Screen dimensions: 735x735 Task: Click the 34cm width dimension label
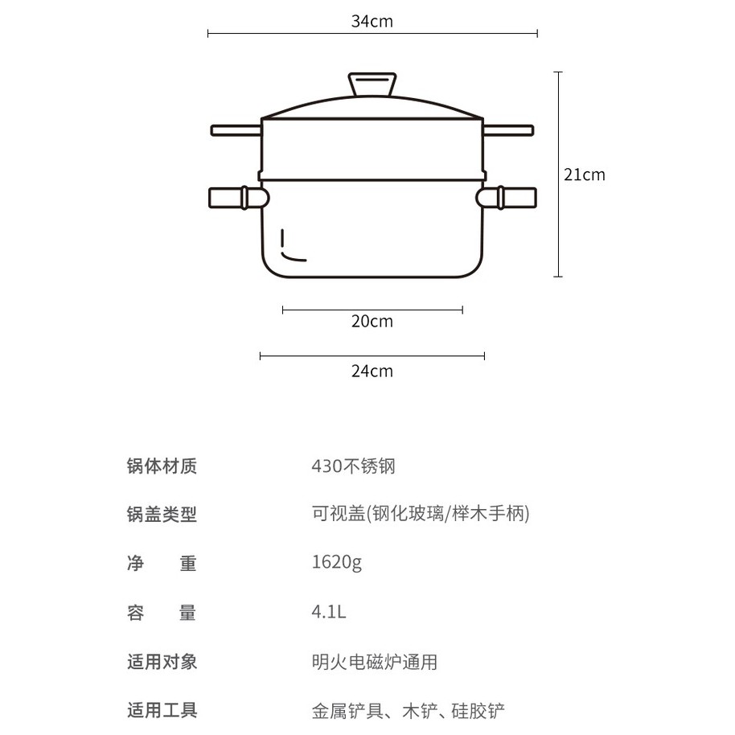pyautogui.click(x=372, y=22)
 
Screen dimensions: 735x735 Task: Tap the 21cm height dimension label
pyautogui.click(x=584, y=175)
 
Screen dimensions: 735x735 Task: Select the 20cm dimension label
pyautogui.click(x=372, y=322)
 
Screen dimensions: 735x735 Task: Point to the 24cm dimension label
pyautogui.click(x=372, y=371)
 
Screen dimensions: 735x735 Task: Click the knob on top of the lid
pyautogui.click(x=372, y=84)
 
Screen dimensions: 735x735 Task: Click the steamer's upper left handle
pyautogui.click(x=236, y=129)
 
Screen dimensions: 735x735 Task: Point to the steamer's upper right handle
pyautogui.click(x=508, y=129)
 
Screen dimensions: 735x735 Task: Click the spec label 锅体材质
pyautogui.click(x=162, y=466)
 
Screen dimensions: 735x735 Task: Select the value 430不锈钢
pyautogui.click(x=353, y=466)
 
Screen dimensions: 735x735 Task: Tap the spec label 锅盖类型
pyautogui.click(x=162, y=515)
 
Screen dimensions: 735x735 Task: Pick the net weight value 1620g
pyautogui.click(x=336, y=563)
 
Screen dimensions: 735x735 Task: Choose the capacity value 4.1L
pyautogui.click(x=328, y=612)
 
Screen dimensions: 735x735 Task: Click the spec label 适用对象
pyautogui.click(x=162, y=662)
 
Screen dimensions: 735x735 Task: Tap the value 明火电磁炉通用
pyautogui.click(x=374, y=662)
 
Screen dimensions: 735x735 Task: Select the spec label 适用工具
pyautogui.click(x=162, y=711)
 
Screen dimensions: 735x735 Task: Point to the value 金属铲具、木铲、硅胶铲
pyautogui.click(x=408, y=711)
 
